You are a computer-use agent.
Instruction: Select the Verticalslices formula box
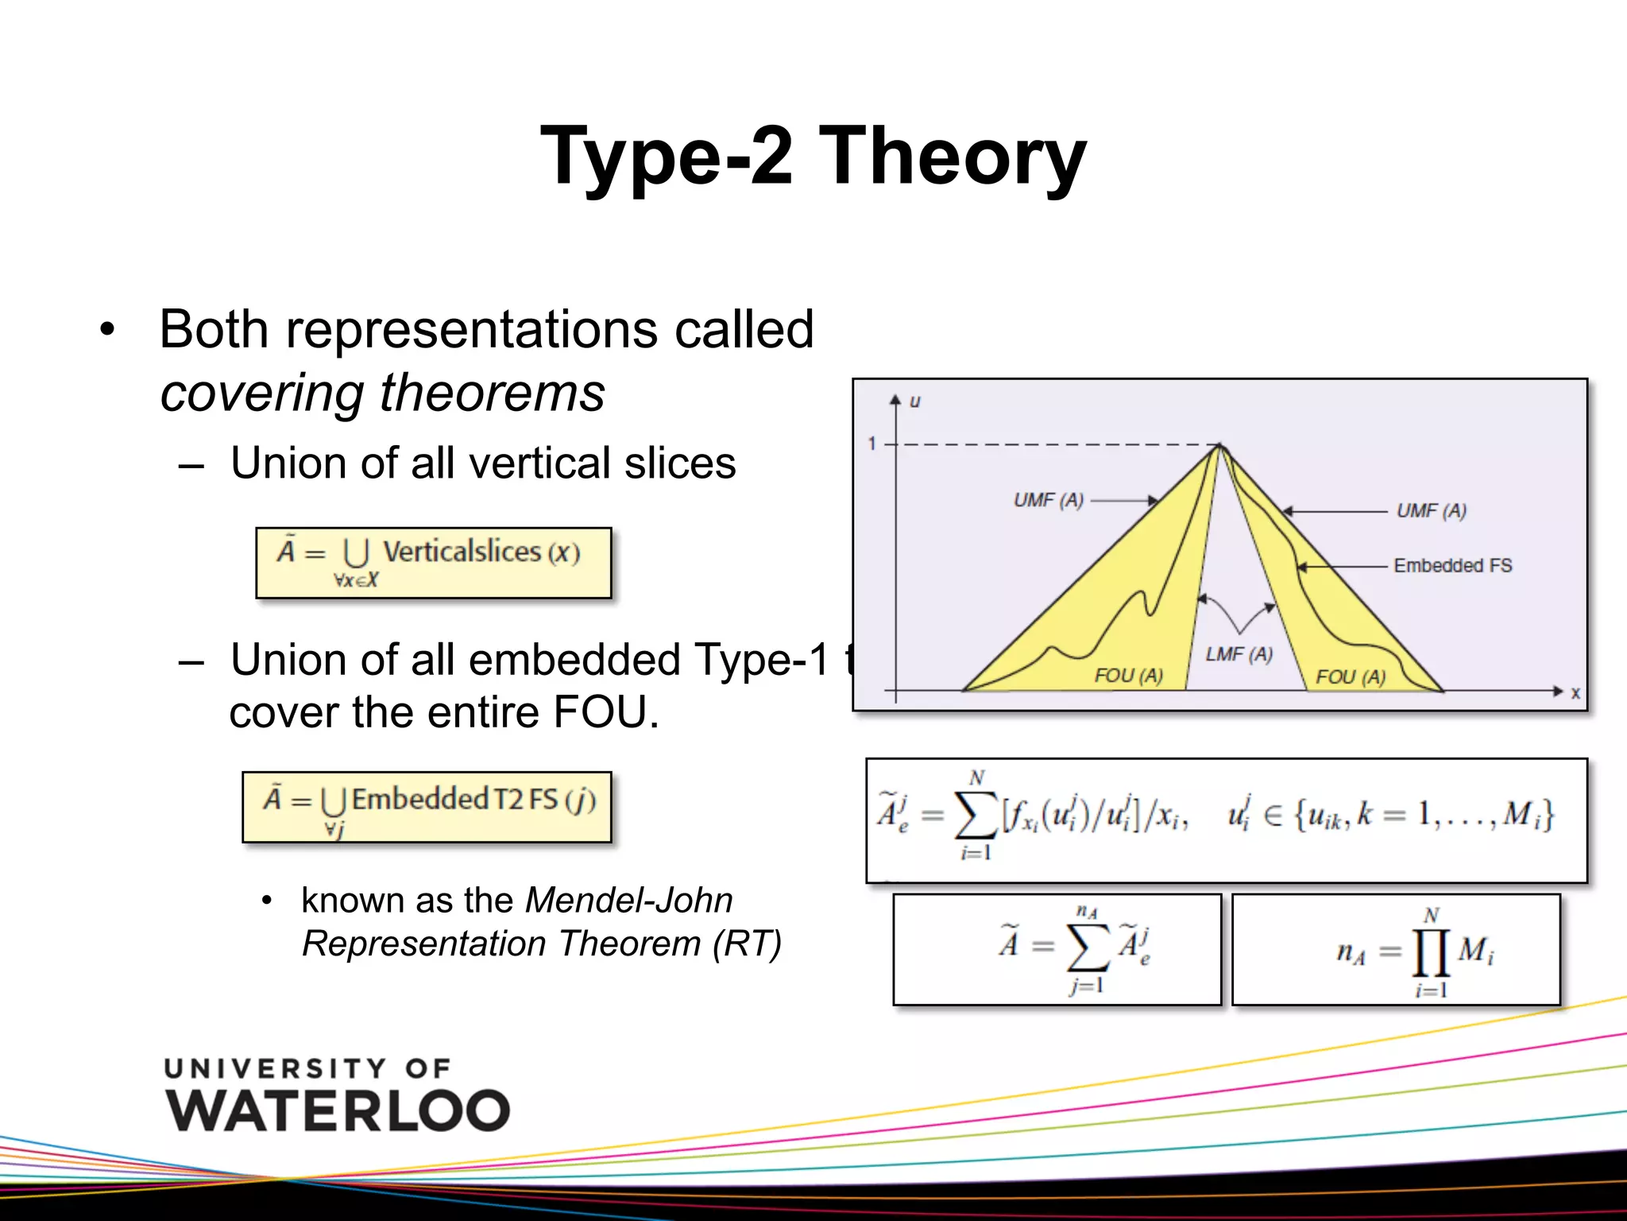433,562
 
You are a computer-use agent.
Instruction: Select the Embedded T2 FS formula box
427,806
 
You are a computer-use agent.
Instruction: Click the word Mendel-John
628,901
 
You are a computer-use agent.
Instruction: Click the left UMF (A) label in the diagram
1048,500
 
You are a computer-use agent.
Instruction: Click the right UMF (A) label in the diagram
1431,510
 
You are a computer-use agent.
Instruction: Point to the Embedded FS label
1452,565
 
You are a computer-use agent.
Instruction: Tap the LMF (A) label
1239,654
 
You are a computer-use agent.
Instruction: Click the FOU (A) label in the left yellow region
1127,676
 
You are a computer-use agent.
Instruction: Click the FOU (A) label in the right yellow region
1350,677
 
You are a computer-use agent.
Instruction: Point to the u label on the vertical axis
914,401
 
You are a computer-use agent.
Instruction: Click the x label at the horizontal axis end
1575,693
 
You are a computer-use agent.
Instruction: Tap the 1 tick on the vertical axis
872,444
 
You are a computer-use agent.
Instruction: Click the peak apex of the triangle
1219,446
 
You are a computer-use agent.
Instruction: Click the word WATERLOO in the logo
338,1111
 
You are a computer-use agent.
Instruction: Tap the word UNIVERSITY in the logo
275,1068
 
